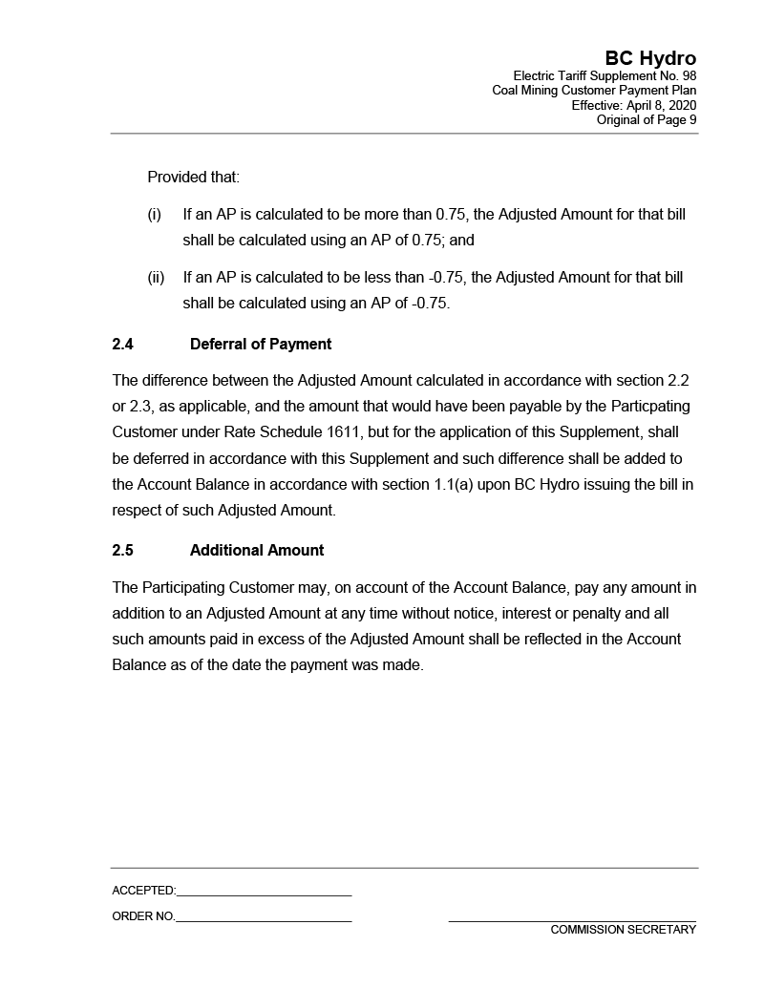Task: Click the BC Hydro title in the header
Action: tap(650, 59)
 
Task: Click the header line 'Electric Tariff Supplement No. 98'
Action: tap(605, 76)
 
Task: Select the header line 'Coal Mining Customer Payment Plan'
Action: tap(594, 91)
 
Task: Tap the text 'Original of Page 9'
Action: tap(646, 119)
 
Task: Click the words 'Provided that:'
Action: tap(193, 178)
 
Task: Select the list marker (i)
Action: tap(154, 215)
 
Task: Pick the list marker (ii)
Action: tap(156, 278)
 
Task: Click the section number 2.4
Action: tap(122, 344)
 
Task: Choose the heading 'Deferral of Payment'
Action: tap(261, 344)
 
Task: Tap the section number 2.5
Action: tap(122, 550)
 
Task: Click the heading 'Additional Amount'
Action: tap(257, 550)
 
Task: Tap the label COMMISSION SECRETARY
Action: tap(623, 930)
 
